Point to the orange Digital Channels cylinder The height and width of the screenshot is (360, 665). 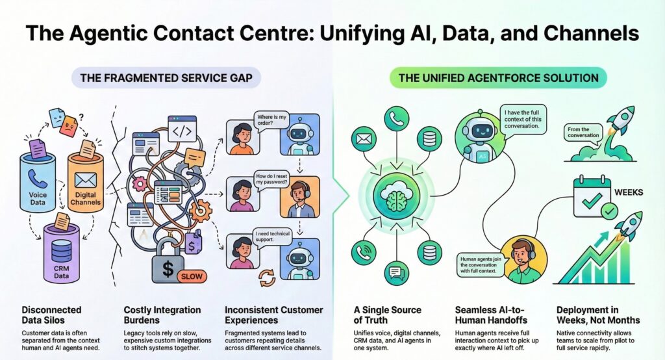[84, 182]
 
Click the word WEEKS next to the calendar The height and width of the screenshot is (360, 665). [627, 192]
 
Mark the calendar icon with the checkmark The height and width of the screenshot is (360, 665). [591, 195]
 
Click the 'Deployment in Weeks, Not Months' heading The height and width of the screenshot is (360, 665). [597, 315]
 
